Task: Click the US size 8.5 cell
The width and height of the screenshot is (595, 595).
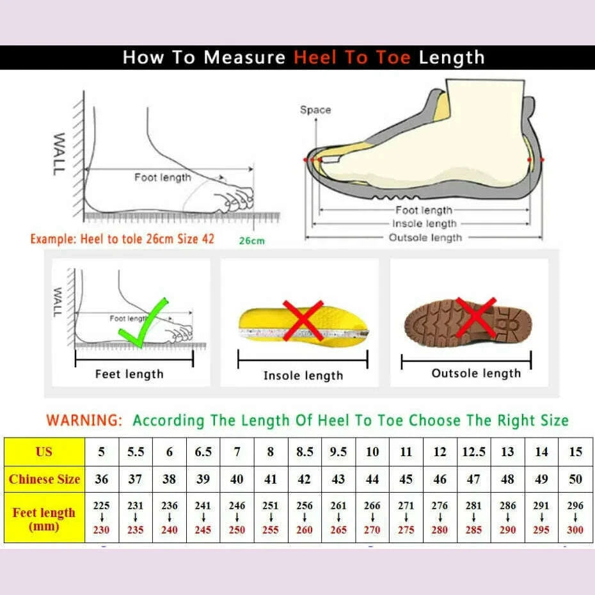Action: point(305,452)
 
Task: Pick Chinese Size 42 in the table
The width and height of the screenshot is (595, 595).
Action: point(305,479)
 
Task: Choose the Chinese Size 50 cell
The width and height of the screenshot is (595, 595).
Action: point(575,479)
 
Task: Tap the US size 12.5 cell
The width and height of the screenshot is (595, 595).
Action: point(473,452)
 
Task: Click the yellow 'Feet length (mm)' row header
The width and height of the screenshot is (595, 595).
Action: point(44,519)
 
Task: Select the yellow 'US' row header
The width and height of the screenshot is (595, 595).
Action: point(44,452)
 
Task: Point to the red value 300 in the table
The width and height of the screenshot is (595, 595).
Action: point(575,530)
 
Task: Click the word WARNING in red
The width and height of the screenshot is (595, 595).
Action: point(84,420)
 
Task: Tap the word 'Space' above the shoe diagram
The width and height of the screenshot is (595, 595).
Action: point(315,110)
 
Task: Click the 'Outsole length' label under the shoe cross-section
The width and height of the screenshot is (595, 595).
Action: point(425,237)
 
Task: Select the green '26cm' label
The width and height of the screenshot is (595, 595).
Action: point(251,241)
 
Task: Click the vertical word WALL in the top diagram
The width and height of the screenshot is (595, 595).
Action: point(59,154)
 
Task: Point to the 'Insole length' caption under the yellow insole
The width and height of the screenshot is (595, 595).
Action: point(303,376)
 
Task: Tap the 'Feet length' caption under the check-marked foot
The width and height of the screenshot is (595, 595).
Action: point(129,374)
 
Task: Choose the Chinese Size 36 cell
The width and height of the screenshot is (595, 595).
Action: point(101,479)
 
